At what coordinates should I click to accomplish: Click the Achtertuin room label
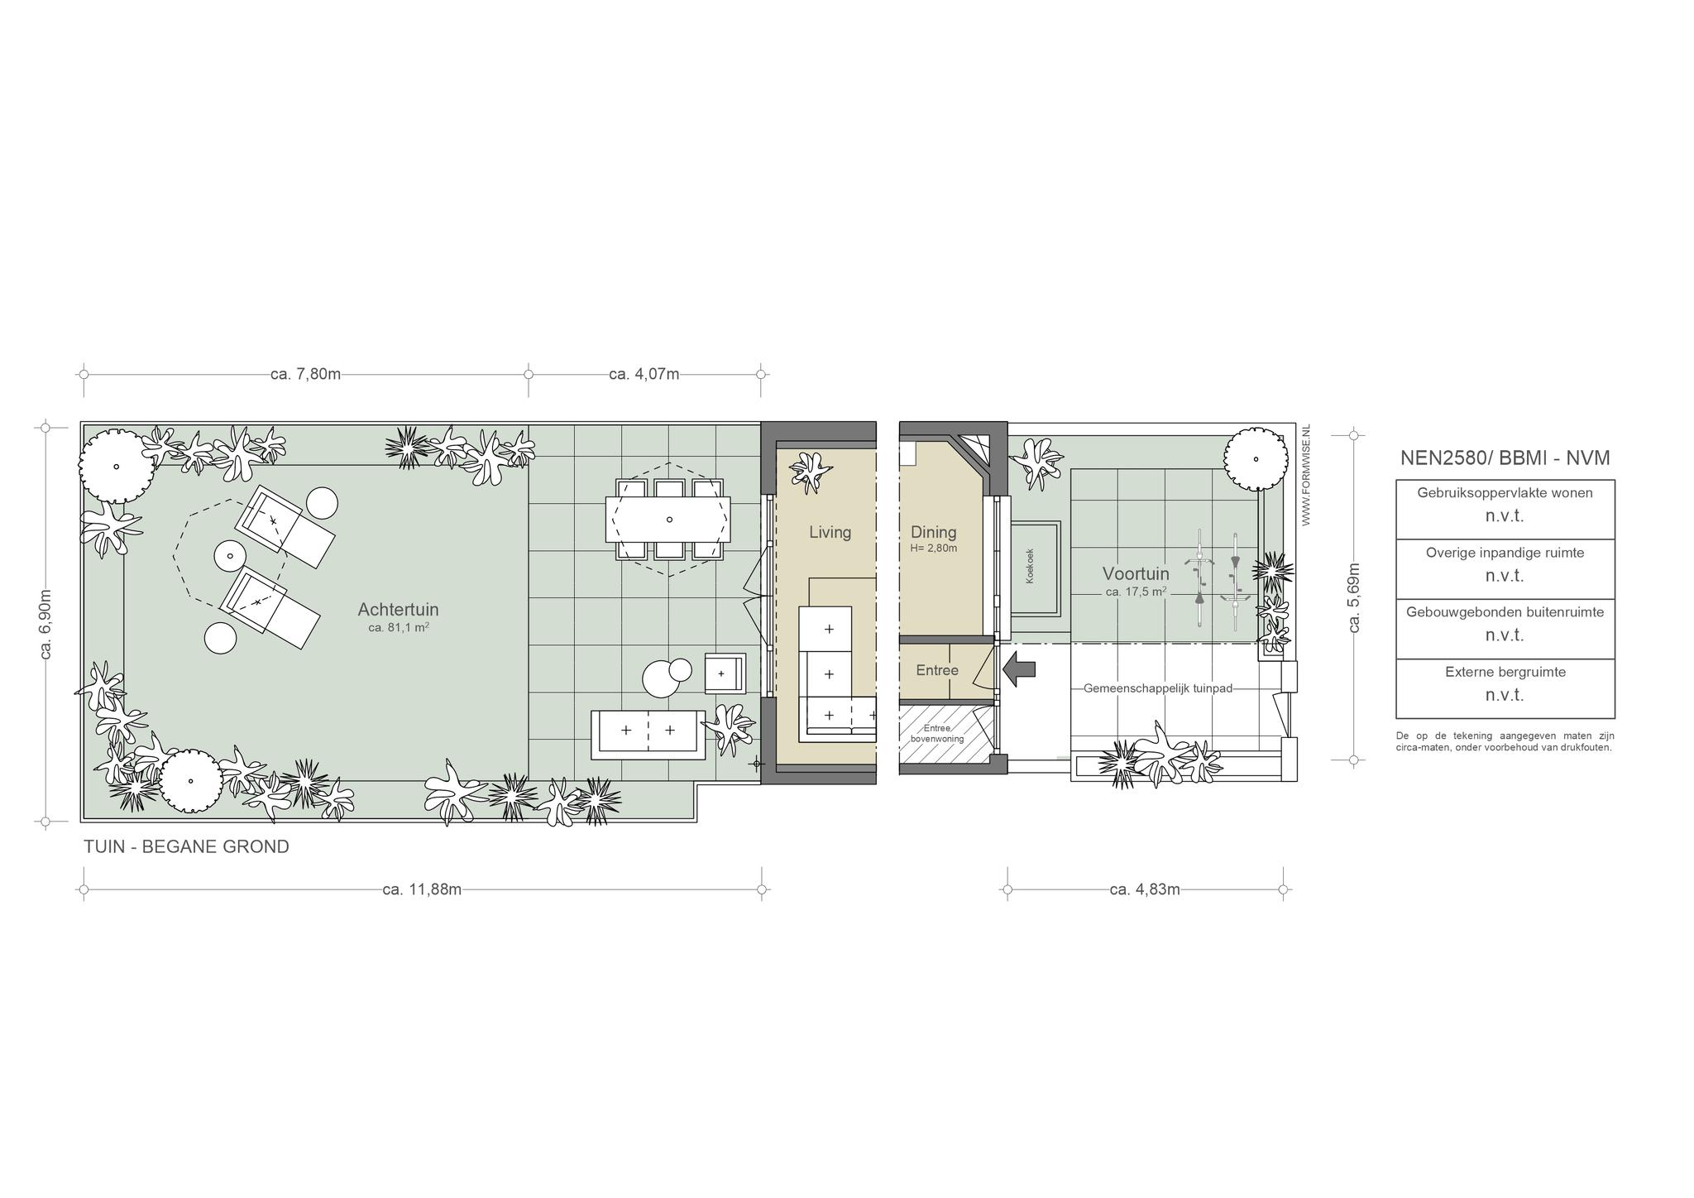[x=398, y=610]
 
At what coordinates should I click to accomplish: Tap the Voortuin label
[x=1136, y=573]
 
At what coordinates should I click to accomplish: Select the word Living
[x=830, y=532]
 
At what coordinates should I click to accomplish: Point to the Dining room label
[x=934, y=532]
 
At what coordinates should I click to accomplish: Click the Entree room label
[x=937, y=670]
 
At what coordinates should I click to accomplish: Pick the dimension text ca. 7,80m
[x=305, y=374]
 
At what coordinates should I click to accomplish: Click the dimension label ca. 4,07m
[x=644, y=374]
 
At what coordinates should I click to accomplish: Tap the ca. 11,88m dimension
[x=422, y=889]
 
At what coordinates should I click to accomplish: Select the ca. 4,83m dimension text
[x=1145, y=889]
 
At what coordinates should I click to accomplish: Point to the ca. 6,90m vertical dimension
[x=45, y=625]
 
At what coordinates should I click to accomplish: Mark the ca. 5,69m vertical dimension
[x=1354, y=597]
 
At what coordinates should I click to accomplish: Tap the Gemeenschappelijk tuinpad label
[x=1158, y=688]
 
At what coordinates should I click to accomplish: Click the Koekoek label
[x=1030, y=567]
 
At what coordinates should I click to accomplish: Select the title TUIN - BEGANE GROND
[x=186, y=846]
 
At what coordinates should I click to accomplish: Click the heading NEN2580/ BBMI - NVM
[x=1505, y=458]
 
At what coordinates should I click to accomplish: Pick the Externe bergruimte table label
[x=1505, y=672]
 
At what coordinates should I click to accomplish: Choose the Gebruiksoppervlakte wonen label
[x=1505, y=492]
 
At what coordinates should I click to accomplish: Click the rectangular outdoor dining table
[x=668, y=519]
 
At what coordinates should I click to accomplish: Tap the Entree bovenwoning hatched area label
[x=937, y=733]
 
